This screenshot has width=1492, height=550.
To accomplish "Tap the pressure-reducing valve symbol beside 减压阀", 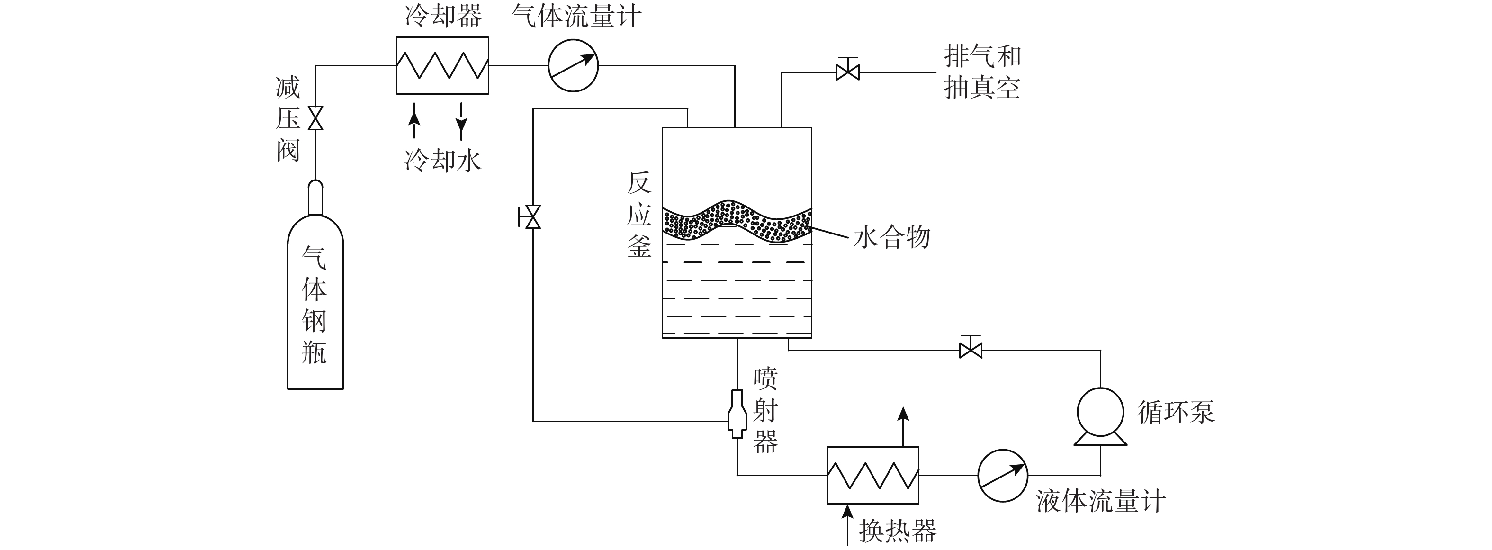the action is [315, 118].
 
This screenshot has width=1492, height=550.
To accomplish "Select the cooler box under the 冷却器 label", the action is [442, 65].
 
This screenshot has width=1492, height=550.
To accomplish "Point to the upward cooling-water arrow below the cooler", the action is [413, 121].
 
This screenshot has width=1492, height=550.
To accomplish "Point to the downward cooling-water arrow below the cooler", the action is [461, 121].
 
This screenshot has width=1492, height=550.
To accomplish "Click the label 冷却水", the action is [443, 160].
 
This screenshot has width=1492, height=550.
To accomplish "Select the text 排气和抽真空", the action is [982, 72].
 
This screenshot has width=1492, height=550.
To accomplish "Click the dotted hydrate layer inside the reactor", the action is [737, 221].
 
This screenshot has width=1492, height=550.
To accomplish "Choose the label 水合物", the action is [892, 237].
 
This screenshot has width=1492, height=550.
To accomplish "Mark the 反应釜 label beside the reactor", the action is [639, 215].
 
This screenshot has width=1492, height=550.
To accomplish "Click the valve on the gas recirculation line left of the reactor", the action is [531, 217].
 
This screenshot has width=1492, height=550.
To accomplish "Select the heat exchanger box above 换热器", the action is [873, 475].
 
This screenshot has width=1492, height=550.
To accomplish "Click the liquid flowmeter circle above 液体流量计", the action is [1003, 475].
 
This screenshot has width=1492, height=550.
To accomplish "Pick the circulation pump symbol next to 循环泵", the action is [1100, 416].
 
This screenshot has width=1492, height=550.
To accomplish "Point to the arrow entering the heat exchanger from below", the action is [848, 524].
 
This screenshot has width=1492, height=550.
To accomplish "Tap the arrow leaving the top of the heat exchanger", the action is [903, 426].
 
